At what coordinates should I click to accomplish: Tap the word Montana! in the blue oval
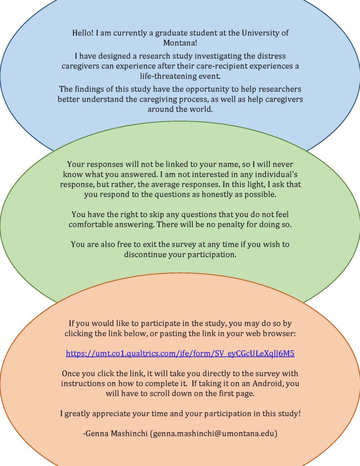point(180,43)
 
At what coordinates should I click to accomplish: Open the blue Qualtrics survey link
point(180,353)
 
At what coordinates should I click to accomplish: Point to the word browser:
point(281,334)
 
